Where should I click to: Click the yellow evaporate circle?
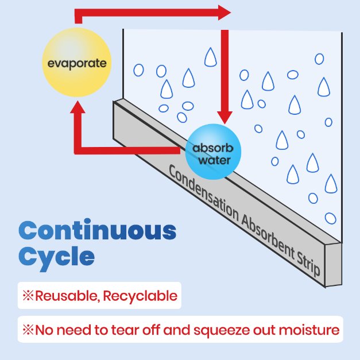coord(77,62)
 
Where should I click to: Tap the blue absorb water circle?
coord(213,152)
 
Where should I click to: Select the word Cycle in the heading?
coord(56,258)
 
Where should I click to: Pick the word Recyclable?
coord(140,296)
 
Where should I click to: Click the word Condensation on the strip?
coord(204,194)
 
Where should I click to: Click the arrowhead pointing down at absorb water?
coord(224,118)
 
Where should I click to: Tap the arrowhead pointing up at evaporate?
coord(78,107)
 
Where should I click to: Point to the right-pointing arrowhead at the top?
coord(224,13)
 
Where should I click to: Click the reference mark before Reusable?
coord(28,296)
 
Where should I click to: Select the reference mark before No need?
coord(28,330)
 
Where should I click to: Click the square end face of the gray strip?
coord(333,265)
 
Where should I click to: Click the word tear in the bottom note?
coord(125,330)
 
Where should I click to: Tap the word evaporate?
coord(77,63)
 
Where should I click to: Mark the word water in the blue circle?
coord(214,160)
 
